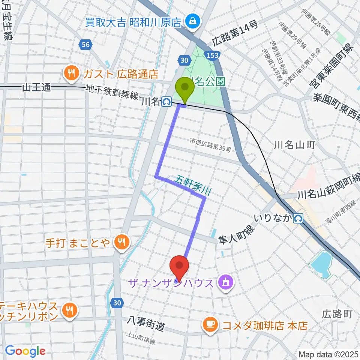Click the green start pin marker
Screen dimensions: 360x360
[185, 88]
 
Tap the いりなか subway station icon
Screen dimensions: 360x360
[298, 217]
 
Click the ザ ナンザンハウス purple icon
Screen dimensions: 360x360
[225, 282]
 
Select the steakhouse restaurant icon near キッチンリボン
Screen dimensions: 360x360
[69, 310]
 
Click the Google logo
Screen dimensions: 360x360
[25, 351]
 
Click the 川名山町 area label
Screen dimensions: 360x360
[294, 145]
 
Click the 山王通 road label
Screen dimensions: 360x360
[36, 88]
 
